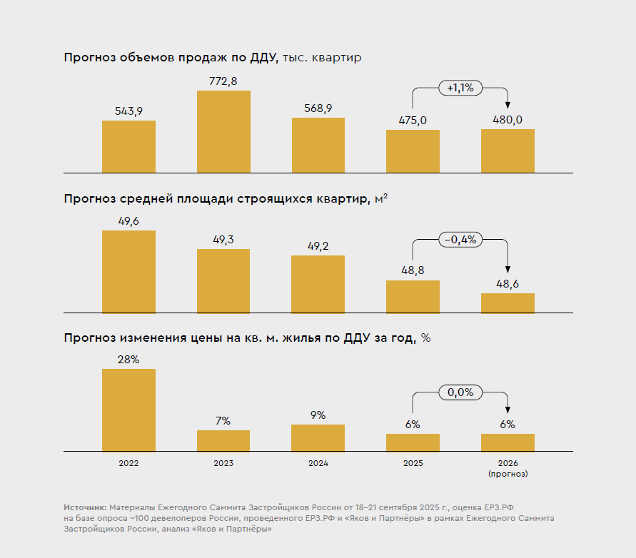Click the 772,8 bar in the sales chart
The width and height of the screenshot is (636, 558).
click(223, 131)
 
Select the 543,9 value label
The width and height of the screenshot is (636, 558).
click(128, 111)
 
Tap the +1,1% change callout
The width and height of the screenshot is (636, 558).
click(460, 88)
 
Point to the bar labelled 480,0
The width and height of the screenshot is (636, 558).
click(508, 151)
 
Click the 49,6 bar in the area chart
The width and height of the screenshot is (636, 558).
click(128, 271)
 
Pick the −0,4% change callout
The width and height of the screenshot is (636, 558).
click(460, 240)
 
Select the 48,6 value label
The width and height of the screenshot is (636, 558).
click(508, 283)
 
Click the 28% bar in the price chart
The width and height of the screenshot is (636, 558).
click(128, 410)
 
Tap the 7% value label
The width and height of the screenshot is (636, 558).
click(223, 421)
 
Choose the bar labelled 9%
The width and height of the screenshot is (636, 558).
click(318, 437)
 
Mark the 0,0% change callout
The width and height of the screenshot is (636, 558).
click(460, 392)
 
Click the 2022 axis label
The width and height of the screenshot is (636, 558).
click(128, 463)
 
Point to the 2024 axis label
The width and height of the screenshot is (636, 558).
click(318, 463)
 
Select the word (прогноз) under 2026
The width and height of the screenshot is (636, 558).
click(508, 473)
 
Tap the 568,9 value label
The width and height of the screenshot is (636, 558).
click(318, 108)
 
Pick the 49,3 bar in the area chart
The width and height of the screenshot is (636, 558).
click(223, 280)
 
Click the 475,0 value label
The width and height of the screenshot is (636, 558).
click(413, 120)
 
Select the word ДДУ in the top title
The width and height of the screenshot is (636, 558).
click(262, 57)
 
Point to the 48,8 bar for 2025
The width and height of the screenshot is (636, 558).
click(413, 296)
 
